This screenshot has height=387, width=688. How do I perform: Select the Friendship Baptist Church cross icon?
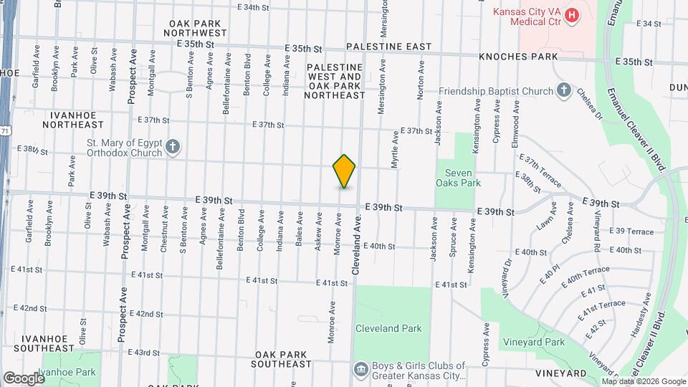click(564, 91)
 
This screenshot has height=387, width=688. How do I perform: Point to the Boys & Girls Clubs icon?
click(360, 370)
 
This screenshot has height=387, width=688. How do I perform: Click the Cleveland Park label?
click(388, 328)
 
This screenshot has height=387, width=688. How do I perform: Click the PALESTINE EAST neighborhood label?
click(388, 47)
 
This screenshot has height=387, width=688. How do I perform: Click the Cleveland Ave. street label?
click(355, 247)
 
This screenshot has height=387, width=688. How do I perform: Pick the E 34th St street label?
click(253, 7)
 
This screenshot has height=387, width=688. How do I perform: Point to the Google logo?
click(23, 378)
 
